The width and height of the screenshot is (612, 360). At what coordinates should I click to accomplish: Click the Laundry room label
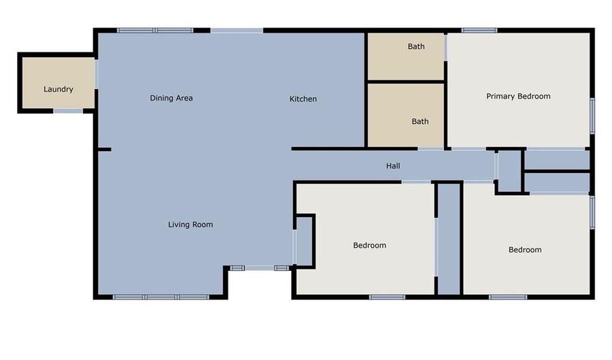point(58,89)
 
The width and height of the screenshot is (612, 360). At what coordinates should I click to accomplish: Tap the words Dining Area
point(171,98)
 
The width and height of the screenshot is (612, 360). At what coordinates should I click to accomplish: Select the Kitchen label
point(303,99)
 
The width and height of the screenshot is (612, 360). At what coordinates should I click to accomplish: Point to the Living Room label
point(190,225)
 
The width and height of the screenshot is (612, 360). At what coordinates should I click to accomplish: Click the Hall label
point(393,166)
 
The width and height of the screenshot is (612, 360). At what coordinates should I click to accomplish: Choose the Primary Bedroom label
point(518,96)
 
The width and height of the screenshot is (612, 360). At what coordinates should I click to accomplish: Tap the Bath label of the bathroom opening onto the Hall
point(420,121)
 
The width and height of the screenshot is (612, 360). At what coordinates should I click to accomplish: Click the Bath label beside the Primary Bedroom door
point(416,46)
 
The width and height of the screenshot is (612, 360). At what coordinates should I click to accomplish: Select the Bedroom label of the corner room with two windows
point(525,250)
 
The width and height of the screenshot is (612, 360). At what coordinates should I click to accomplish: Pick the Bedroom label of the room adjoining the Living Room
point(370,245)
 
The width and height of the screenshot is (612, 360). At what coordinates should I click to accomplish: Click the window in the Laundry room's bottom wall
point(68,112)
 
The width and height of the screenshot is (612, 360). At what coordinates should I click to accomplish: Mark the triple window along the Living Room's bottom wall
point(160,297)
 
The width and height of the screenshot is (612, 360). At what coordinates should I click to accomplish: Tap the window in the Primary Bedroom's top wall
point(479,30)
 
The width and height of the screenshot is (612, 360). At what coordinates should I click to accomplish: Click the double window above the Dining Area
point(155,30)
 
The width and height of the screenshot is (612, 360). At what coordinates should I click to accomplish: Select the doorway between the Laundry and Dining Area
point(96,74)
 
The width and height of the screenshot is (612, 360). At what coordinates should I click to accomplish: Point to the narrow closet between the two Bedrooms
point(449,239)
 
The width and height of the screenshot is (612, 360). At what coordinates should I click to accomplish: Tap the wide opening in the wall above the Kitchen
point(237,30)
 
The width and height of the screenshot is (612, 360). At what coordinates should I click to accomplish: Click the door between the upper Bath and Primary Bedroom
point(445,47)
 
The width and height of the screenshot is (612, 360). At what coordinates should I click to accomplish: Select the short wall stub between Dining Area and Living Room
point(105,150)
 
